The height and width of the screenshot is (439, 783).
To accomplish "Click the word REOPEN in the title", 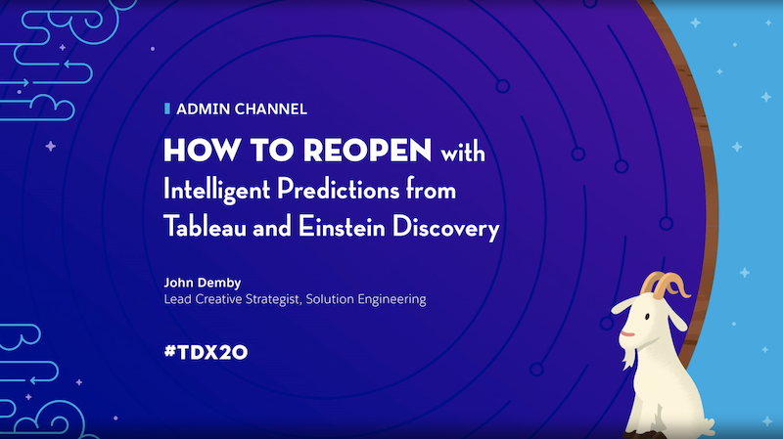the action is (x=367, y=150).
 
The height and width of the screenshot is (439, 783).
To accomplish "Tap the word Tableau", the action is (x=205, y=226).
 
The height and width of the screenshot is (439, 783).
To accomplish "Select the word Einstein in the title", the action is (x=342, y=226).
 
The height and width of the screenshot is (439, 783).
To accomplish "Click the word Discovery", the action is (x=445, y=228).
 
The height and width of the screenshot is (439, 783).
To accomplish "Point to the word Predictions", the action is (x=339, y=189).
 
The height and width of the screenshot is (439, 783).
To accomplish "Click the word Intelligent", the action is (x=216, y=190).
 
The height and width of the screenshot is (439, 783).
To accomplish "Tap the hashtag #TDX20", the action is (x=206, y=352).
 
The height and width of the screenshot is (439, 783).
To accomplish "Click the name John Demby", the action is (x=203, y=283).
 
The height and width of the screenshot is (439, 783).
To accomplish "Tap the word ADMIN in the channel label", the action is (x=203, y=109).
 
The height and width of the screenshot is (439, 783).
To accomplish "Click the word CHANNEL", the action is (x=271, y=109).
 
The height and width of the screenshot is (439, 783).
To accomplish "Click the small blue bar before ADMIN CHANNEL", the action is (x=167, y=109).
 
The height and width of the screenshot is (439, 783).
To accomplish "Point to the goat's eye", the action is (x=647, y=316).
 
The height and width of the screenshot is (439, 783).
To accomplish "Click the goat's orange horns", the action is (x=665, y=285).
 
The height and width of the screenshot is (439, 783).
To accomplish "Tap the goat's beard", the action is (x=628, y=357).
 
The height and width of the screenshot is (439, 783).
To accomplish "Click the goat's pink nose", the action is (x=626, y=333).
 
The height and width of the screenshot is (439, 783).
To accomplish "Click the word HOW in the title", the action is (x=202, y=150).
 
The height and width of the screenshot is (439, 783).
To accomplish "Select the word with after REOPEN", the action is (x=462, y=152).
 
